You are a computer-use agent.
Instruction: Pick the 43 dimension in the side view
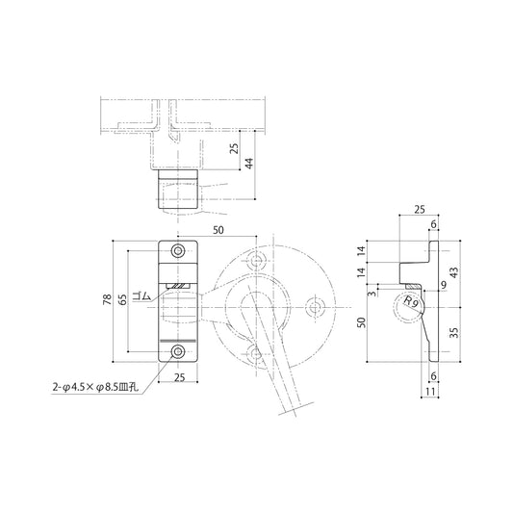453,272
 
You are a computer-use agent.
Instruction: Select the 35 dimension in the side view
453,333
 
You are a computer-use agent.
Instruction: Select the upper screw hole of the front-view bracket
178,251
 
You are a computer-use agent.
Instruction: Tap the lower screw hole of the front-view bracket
178,351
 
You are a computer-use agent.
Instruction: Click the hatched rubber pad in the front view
179,286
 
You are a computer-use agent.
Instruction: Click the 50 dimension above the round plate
218,231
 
